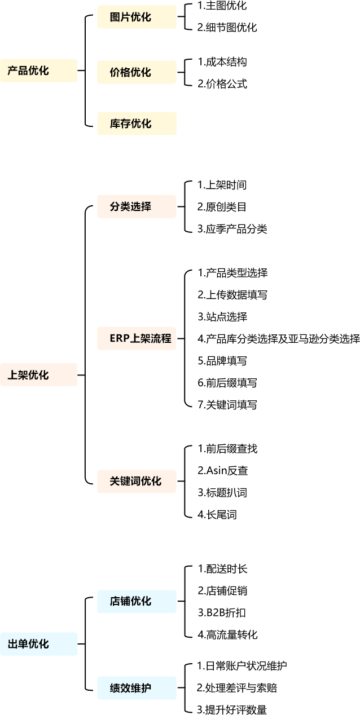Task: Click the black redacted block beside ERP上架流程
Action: [x=276, y=338]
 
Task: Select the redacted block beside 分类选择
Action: [x=231, y=206]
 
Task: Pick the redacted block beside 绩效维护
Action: [x=240, y=688]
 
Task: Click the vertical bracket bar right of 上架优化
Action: [x=89, y=344]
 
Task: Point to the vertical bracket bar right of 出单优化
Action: [x=89, y=644]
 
